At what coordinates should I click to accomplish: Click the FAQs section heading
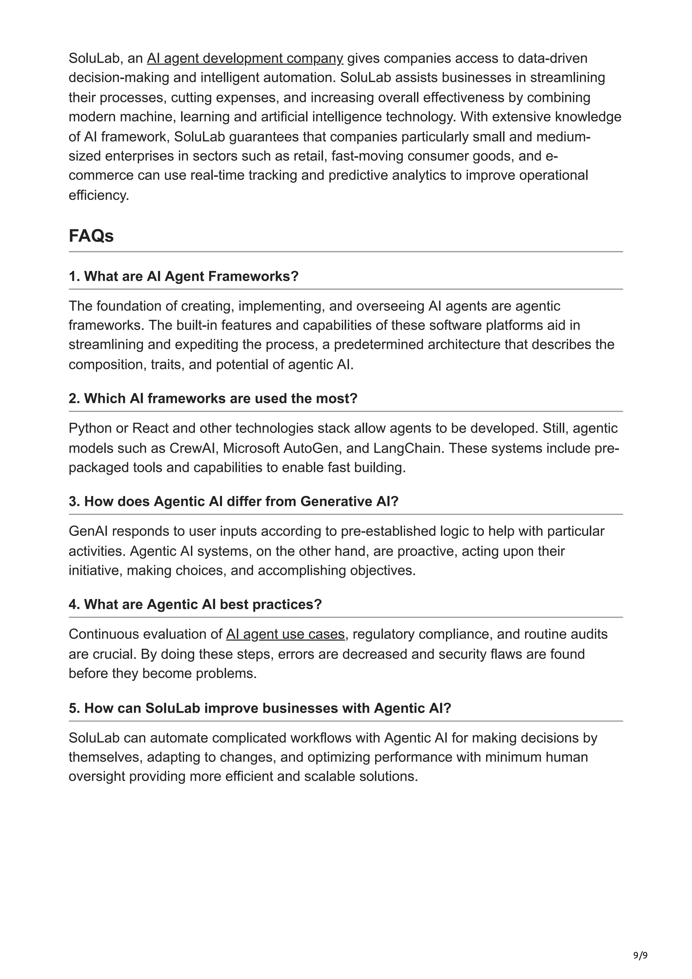(x=91, y=236)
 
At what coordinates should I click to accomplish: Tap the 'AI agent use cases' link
(x=285, y=634)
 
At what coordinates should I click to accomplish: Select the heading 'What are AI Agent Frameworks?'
(x=183, y=276)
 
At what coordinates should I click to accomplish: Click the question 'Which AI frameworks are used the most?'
(x=213, y=398)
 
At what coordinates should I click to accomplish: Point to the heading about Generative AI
(x=233, y=501)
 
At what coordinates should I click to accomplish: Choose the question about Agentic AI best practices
(x=195, y=604)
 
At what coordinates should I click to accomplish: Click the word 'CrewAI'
(x=194, y=448)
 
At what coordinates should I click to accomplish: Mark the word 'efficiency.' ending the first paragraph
(x=98, y=195)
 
